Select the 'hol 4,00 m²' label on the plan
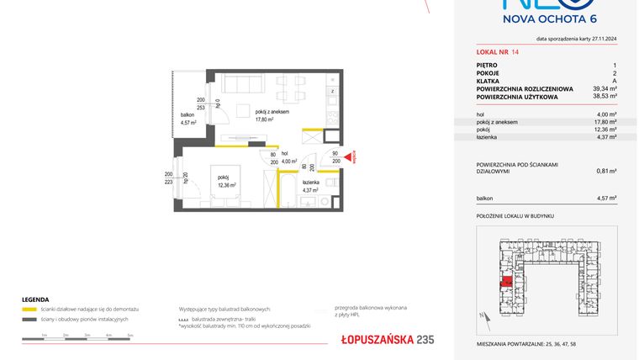289,157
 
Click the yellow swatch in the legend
29,310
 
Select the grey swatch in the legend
29,320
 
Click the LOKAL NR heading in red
490,52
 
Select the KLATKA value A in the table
615,80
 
